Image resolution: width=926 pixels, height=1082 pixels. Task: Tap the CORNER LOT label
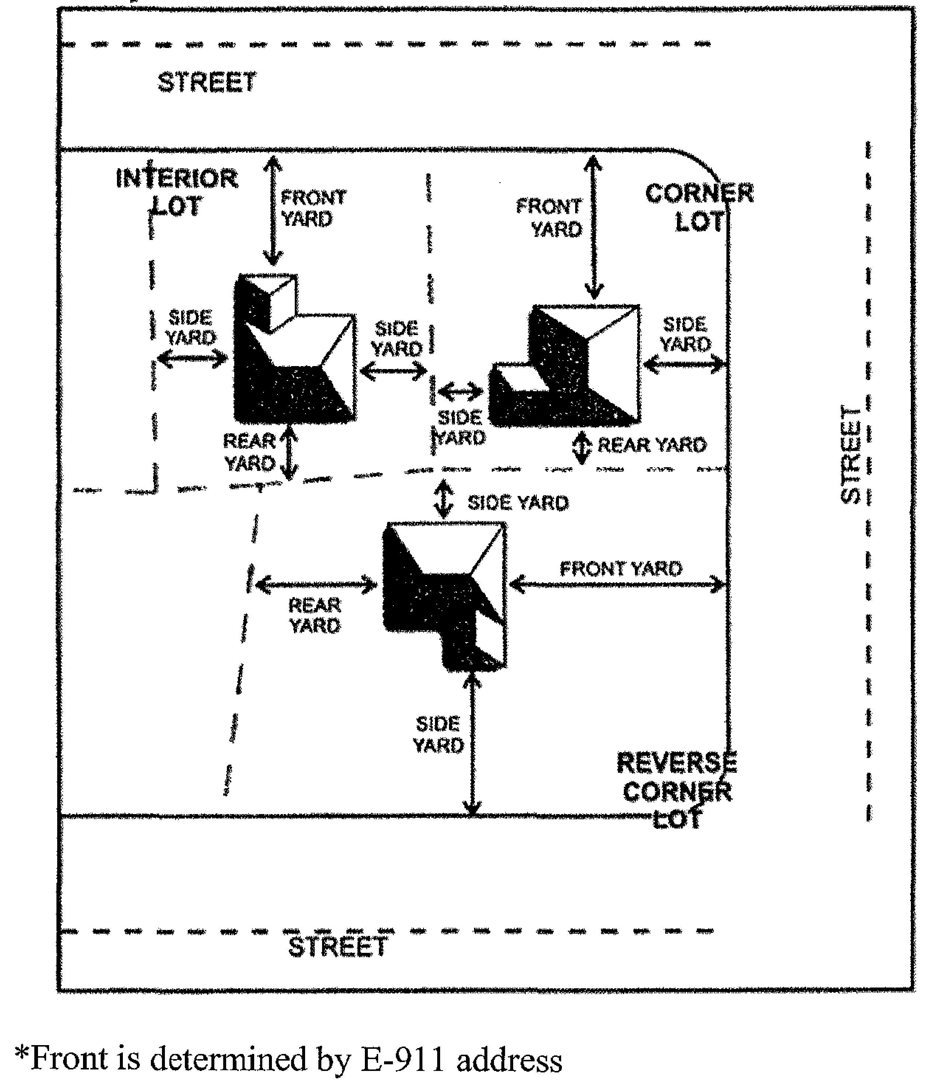(699, 207)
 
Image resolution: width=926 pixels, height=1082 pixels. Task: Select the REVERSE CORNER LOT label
(677, 790)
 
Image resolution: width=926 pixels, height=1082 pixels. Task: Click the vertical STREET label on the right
(850, 454)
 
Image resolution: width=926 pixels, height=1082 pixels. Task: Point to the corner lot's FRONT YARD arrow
(594, 227)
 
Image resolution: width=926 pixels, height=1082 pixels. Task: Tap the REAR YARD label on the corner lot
(652, 445)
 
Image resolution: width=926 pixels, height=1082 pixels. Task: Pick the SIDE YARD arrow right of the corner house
(685, 363)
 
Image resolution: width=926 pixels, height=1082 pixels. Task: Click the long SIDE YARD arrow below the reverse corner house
(472, 744)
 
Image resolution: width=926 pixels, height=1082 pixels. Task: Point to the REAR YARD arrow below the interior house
(288, 452)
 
